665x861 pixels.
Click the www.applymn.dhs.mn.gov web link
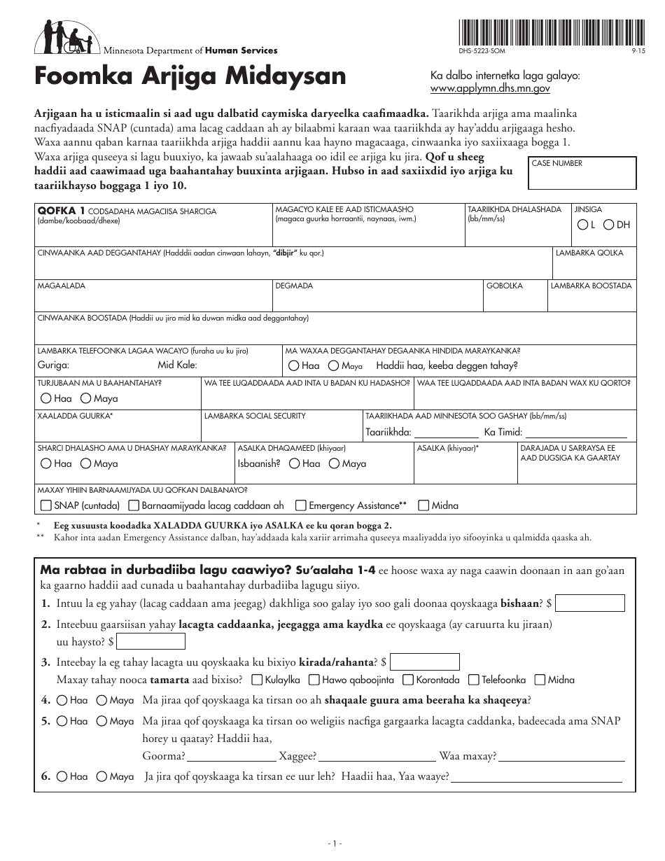pos(490,89)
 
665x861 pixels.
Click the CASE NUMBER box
pos(582,173)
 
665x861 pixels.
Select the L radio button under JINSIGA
pos(582,225)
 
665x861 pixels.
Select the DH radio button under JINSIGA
pos(608,225)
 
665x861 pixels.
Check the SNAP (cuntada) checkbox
pos(45,505)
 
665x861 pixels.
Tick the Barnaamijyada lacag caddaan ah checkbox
pos(133,505)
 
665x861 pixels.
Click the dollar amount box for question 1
pos(589,603)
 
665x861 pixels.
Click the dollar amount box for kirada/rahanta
pos(425,661)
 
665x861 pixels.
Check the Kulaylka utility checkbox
pos(257,680)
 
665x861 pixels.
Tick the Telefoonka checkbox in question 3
pos(474,680)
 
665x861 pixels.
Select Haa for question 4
pos(62,700)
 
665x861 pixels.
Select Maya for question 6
pos(101,776)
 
